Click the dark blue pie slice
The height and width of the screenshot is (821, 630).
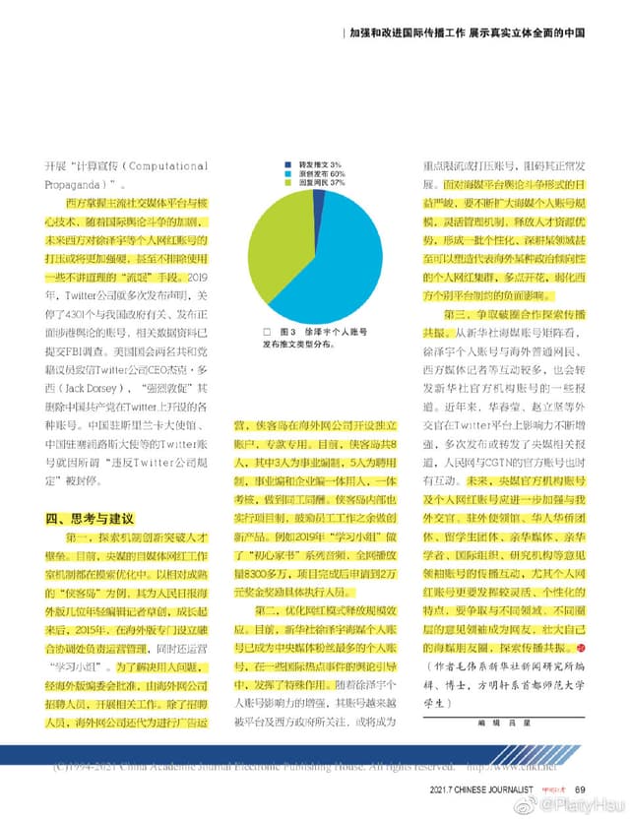[x=319, y=196]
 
